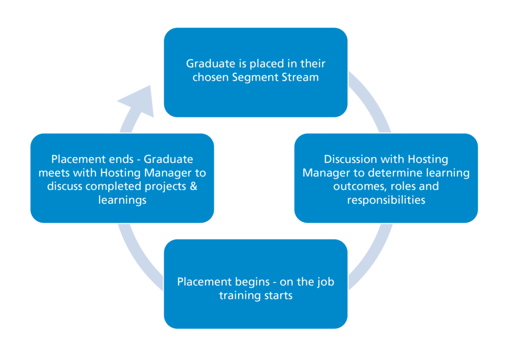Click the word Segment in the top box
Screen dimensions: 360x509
pyautogui.click(x=256, y=78)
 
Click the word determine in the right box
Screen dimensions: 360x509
pyautogui.click(x=405, y=173)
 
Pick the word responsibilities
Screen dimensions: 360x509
pyautogui.click(x=386, y=200)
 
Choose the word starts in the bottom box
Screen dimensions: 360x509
pyautogui.click(x=279, y=296)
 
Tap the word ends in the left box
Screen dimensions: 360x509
pyautogui.click(x=119, y=160)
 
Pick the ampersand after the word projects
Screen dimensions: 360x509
pyautogui.click(x=194, y=186)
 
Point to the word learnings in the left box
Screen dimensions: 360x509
pyautogui.click(x=122, y=200)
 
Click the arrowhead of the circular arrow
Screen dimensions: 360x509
pyautogui.click(x=139, y=102)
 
